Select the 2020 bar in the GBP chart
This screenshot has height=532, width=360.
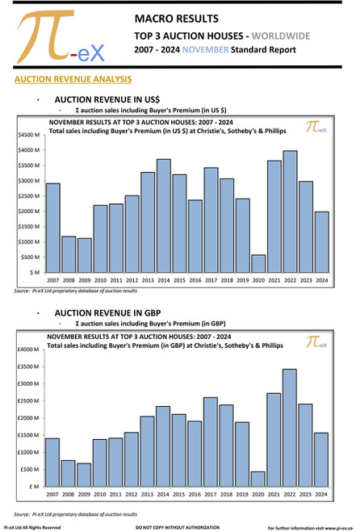click(x=257, y=478)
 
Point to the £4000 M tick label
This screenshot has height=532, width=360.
click(x=28, y=350)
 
